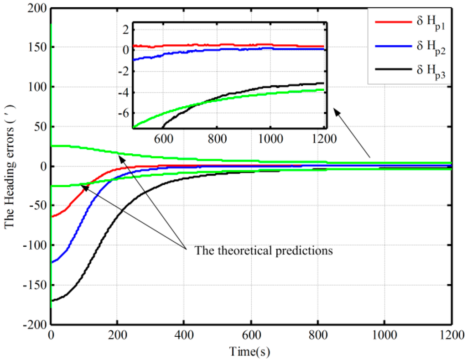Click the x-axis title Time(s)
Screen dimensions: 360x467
251,352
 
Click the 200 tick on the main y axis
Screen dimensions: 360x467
38,8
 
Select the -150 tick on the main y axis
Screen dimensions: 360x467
36,285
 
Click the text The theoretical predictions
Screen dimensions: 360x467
264,250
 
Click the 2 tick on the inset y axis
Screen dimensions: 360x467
126,29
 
